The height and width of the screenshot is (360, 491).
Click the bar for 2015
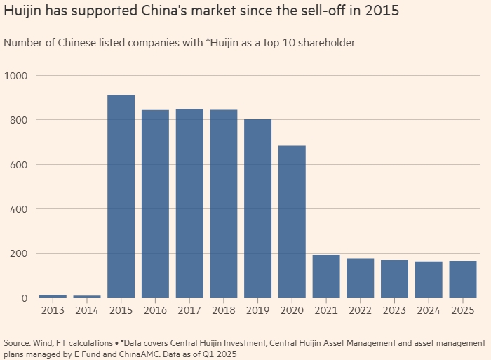coord(121,196)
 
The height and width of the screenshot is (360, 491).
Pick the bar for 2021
coord(325,276)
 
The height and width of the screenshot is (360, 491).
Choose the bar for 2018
coord(223,204)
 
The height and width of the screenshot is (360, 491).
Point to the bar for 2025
coord(463,279)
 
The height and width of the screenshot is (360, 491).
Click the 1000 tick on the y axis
coord(18,76)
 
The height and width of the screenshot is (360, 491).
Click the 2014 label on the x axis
coord(87,311)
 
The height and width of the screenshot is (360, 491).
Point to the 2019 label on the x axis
coord(257,311)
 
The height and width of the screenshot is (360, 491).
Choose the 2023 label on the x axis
coord(394,311)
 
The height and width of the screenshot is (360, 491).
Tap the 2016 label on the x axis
coord(155,311)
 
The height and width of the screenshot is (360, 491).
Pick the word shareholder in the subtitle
coord(325,44)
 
